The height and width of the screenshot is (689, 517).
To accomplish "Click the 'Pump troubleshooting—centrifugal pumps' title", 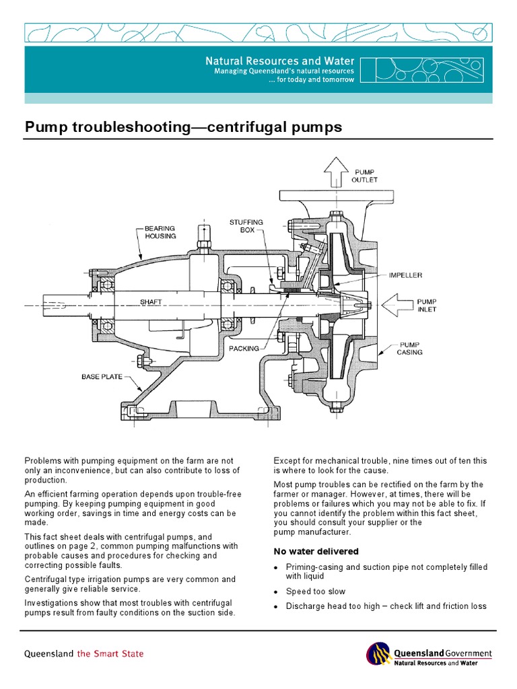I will tap(183, 126).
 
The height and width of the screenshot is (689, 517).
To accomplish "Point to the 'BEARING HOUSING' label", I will tap(160, 232).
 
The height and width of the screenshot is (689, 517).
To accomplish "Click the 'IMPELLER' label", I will tap(405, 275).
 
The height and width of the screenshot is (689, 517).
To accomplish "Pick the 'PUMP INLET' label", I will tap(427, 305).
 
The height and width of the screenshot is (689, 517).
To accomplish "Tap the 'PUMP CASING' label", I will tap(409, 347).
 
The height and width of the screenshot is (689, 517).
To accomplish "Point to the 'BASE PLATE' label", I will tap(102, 376).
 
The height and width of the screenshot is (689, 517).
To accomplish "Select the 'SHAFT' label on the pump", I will tap(151, 302).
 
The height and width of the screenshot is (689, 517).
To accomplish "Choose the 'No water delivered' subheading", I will tap(315, 551).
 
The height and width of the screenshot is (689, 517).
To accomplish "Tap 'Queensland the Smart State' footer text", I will tap(84, 653).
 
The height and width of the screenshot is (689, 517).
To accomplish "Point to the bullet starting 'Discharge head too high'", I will tap(386, 606).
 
